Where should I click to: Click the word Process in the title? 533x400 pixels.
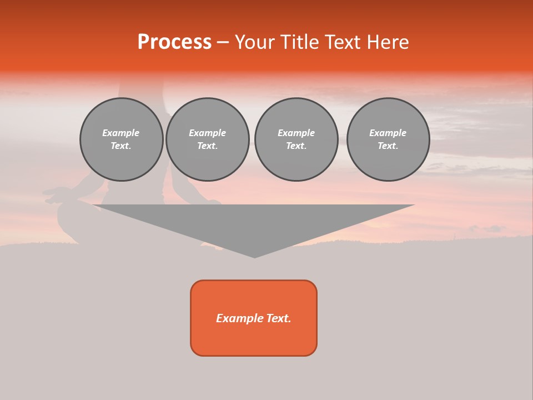(x=174, y=42)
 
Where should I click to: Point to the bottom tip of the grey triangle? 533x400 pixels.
(x=254, y=257)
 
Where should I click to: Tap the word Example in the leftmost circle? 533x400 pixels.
(x=121, y=133)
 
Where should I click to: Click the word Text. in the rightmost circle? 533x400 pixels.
(x=388, y=146)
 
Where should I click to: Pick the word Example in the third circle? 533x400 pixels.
(x=296, y=133)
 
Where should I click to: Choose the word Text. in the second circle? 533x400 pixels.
(x=208, y=146)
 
